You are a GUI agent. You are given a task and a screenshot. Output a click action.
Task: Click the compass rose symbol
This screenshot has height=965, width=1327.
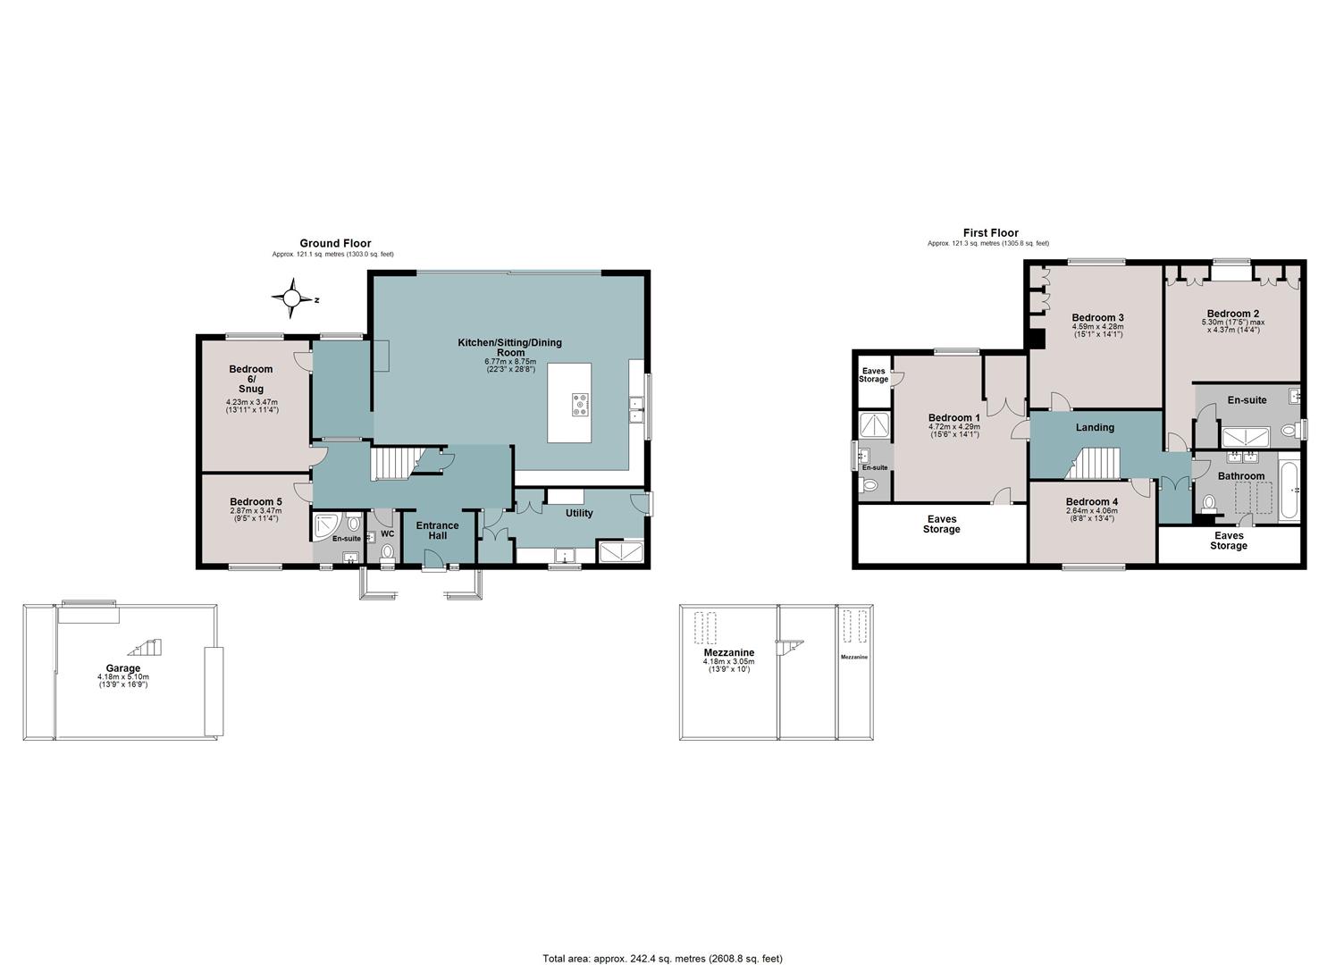(x=291, y=298)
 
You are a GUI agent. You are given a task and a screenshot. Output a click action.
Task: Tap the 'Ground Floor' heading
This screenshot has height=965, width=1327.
(x=335, y=243)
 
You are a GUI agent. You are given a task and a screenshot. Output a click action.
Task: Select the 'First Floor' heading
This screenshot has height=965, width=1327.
(x=990, y=233)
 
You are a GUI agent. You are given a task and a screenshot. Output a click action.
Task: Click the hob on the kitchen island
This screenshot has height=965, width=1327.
(x=580, y=405)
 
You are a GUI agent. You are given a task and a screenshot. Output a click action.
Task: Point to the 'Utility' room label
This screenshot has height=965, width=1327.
(x=579, y=513)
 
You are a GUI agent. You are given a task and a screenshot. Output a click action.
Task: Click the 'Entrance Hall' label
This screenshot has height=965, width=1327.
(x=437, y=530)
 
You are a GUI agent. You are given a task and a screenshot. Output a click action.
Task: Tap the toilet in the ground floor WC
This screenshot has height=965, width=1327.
(x=388, y=553)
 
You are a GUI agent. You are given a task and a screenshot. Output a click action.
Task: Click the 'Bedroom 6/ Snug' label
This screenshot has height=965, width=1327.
(x=251, y=379)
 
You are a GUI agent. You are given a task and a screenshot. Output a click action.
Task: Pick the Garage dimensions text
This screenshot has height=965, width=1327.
(x=123, y=681)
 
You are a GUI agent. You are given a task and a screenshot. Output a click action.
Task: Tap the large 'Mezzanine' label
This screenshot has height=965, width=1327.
(x=728, y=652)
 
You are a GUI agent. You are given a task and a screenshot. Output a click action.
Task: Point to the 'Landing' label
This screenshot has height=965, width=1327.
(x=1095, y=427)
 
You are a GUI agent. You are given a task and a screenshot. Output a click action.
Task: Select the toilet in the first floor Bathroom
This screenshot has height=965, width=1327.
(x=1209, y=504)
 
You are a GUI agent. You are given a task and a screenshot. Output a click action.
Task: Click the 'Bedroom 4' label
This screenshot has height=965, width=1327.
(x=1091, y=502)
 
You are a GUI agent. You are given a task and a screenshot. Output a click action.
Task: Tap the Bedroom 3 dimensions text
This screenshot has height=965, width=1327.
(x=1097, y=330)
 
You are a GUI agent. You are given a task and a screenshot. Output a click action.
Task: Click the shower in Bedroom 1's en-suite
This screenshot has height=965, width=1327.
(x=875, y=424)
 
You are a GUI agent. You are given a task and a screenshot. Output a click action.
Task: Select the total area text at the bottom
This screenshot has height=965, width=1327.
(x=662, y=942)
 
